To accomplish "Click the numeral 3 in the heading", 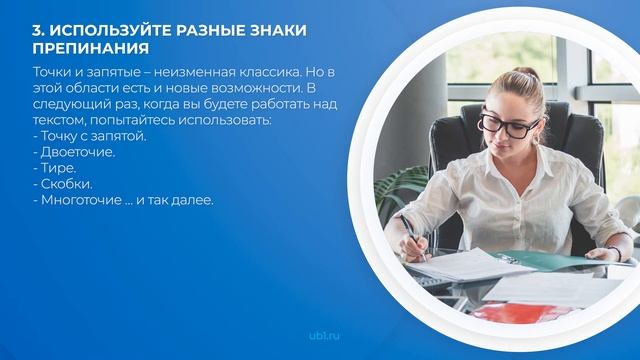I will click(37, 29).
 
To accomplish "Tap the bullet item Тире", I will click(60, 168).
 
